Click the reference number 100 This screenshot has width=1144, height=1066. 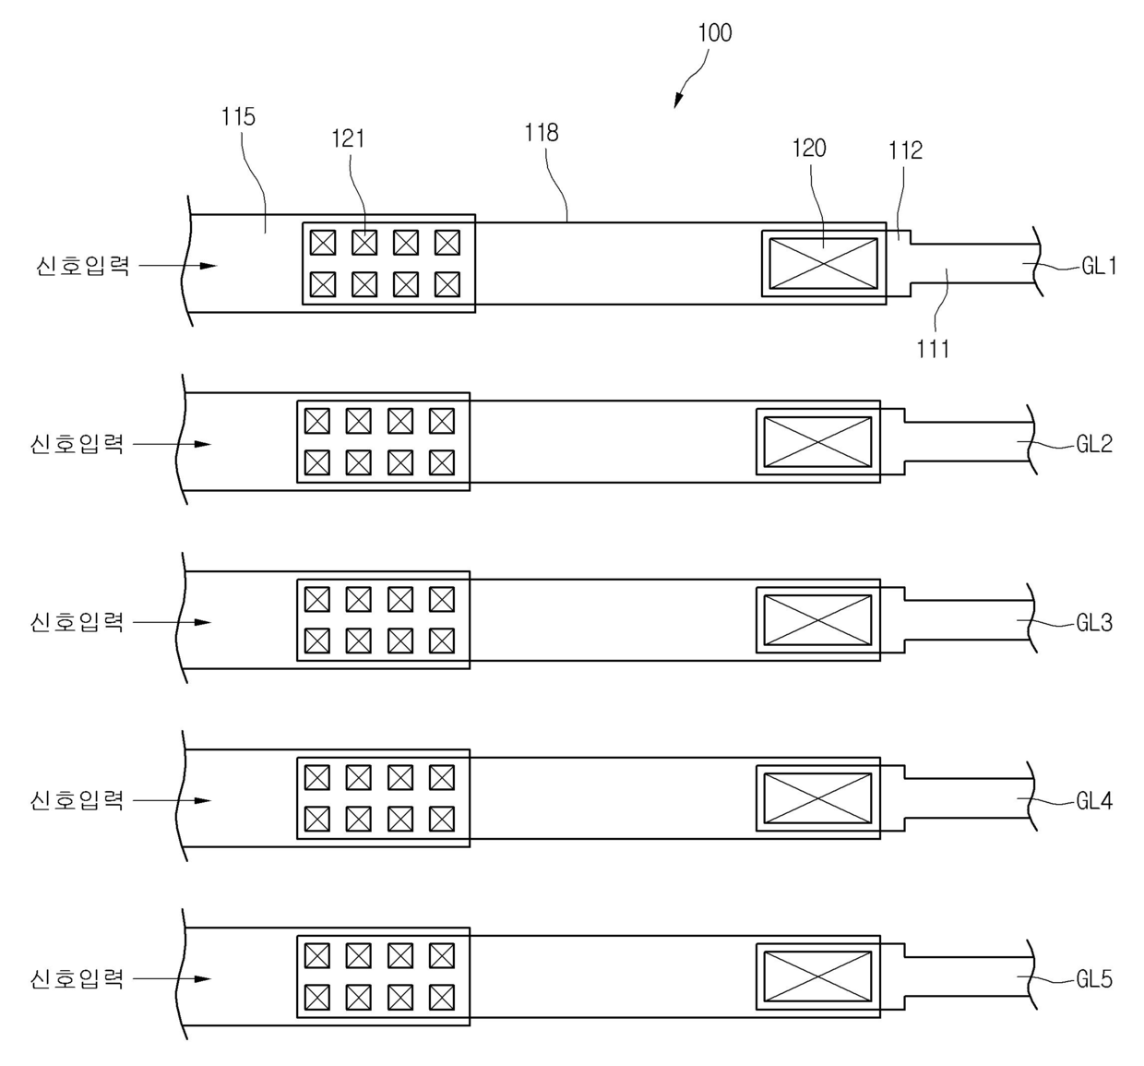[714, 33]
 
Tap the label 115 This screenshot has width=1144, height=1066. [238, 117]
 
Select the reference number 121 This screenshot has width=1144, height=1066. [348, 138]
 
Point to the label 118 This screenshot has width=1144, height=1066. [542, 133]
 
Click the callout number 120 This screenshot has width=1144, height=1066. [809, 149]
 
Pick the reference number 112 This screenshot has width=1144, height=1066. [905, 150]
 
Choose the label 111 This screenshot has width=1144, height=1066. [933, 349]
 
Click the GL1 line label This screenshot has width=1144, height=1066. [1099, 267]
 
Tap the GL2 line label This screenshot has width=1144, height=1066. [1094, 444]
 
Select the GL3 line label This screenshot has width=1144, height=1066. [1094, 623]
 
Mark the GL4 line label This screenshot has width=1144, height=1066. [1094, 801]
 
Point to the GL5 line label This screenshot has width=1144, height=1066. [1094, 979]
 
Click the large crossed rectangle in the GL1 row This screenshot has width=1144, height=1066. [823, 263]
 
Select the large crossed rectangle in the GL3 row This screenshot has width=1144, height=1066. [817, 620]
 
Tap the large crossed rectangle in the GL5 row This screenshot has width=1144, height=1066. [817, 976]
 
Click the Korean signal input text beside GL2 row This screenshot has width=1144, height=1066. [77, 444]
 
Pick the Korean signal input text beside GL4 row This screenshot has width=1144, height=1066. [77, 800]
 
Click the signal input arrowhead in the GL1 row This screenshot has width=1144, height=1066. [209, 266]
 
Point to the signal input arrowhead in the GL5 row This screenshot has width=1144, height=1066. [203, 979]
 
